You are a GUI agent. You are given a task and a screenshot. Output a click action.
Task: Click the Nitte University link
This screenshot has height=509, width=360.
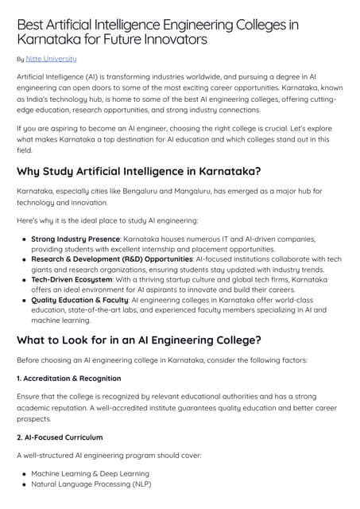coord(51,59)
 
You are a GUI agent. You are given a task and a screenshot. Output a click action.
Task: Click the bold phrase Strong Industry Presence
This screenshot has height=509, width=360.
coord(75,239)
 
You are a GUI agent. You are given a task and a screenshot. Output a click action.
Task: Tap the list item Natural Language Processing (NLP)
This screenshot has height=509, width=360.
coord(91,484)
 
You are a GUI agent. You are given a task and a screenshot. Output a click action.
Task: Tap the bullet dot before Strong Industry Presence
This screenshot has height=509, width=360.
coord(25,239)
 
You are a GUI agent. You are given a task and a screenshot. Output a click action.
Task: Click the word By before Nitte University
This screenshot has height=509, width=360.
coord(20,59)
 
